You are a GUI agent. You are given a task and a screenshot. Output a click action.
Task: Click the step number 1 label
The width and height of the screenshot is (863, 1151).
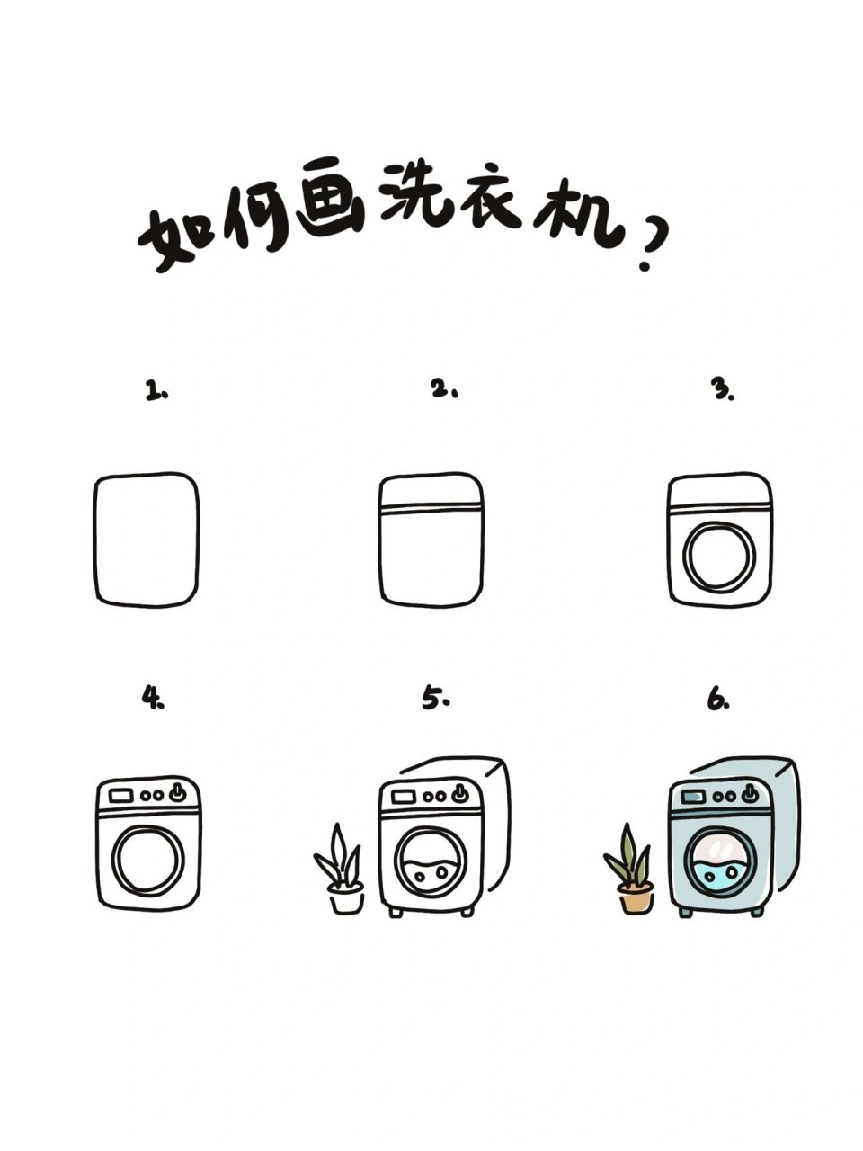(x=156, y=391)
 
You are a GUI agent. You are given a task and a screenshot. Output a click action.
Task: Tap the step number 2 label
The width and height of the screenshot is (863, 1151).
(x=444, y=389)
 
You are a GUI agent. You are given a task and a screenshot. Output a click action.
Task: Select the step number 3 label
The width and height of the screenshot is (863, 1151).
(x=722, y=388)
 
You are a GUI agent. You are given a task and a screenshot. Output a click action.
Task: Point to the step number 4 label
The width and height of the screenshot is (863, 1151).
(x=153, y=698)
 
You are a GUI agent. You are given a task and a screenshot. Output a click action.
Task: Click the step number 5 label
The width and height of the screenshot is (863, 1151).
(x=436, y=699)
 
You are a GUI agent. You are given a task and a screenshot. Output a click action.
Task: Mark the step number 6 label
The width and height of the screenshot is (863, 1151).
(x=717, y=700)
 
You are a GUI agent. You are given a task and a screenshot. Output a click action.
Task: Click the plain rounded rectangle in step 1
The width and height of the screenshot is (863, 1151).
(x=146, y=540)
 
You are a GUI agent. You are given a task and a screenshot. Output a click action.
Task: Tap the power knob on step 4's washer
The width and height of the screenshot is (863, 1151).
(x=180, y=792)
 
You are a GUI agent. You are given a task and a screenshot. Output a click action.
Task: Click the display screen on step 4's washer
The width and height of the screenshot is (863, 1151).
(x=121, y=795)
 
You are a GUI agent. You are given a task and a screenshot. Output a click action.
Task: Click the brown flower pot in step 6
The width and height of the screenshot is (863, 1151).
(x=636, y=897)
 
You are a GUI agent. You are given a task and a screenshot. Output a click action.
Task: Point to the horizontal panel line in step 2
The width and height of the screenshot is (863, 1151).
(x=431, y=510)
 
